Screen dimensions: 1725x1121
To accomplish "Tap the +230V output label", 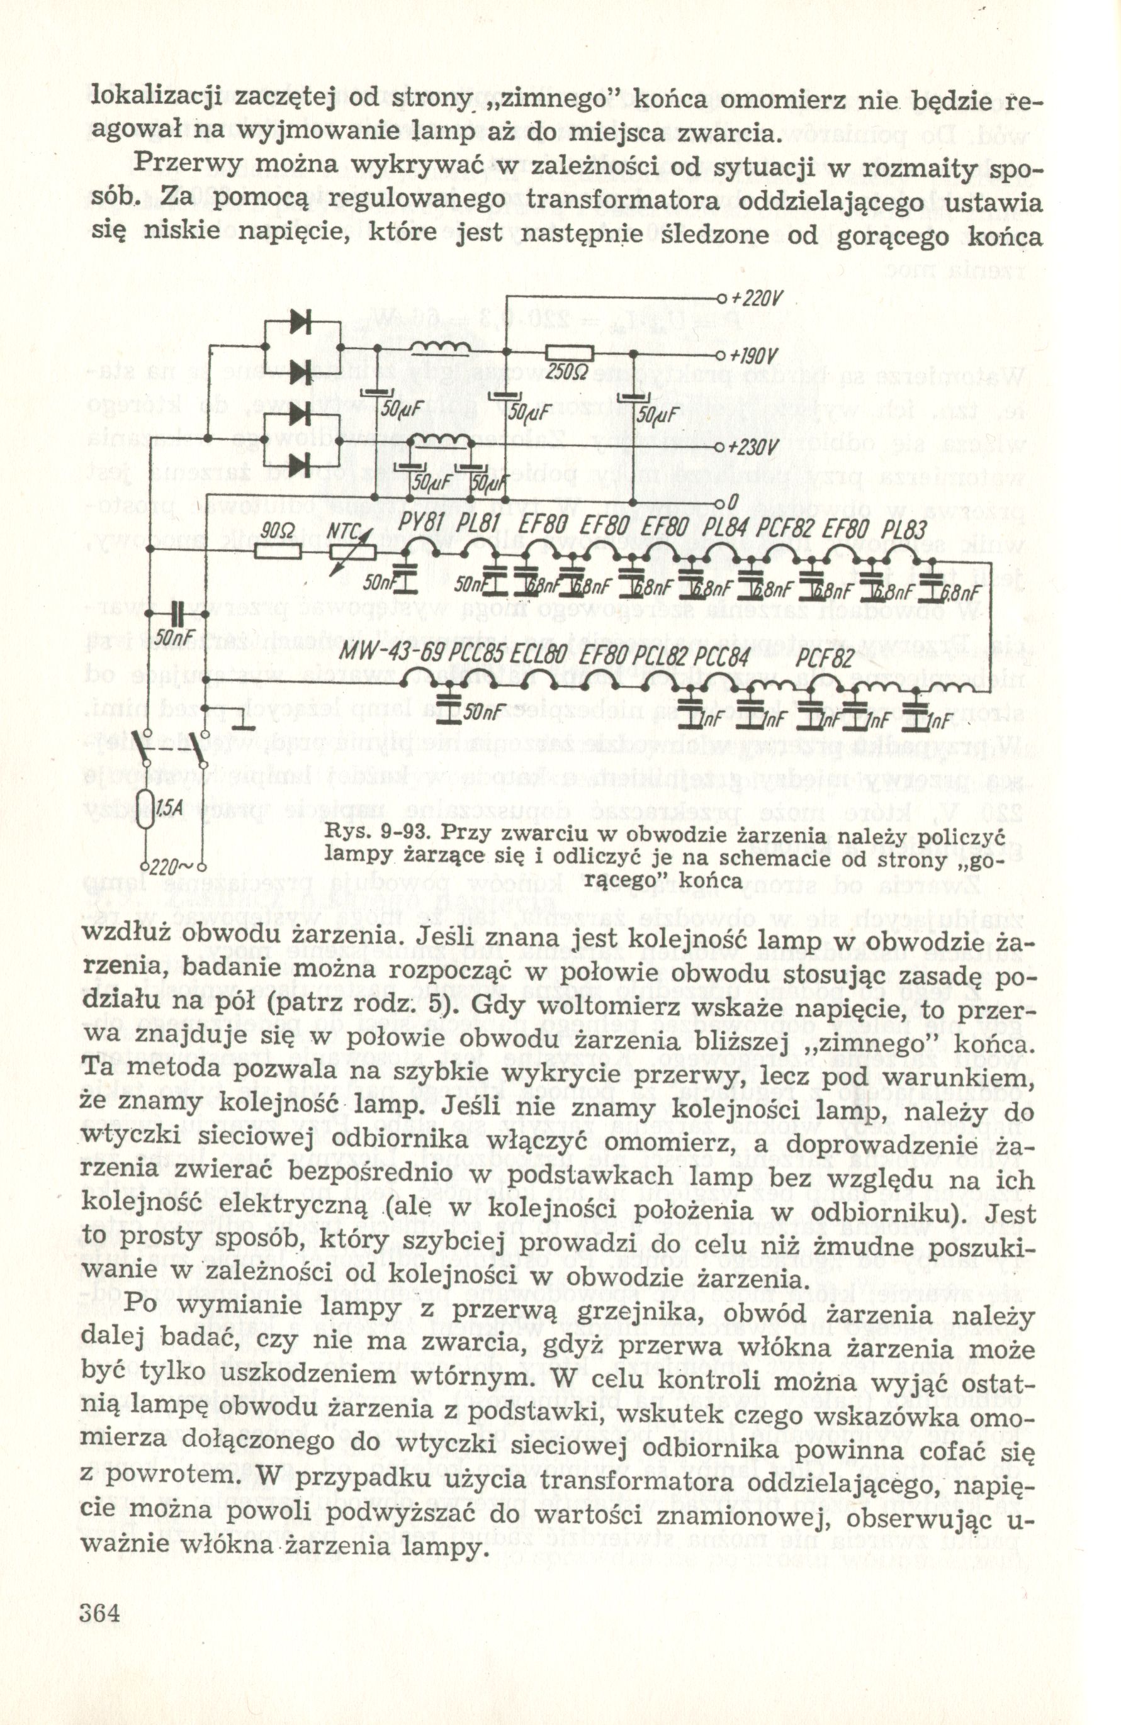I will point(755,447).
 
